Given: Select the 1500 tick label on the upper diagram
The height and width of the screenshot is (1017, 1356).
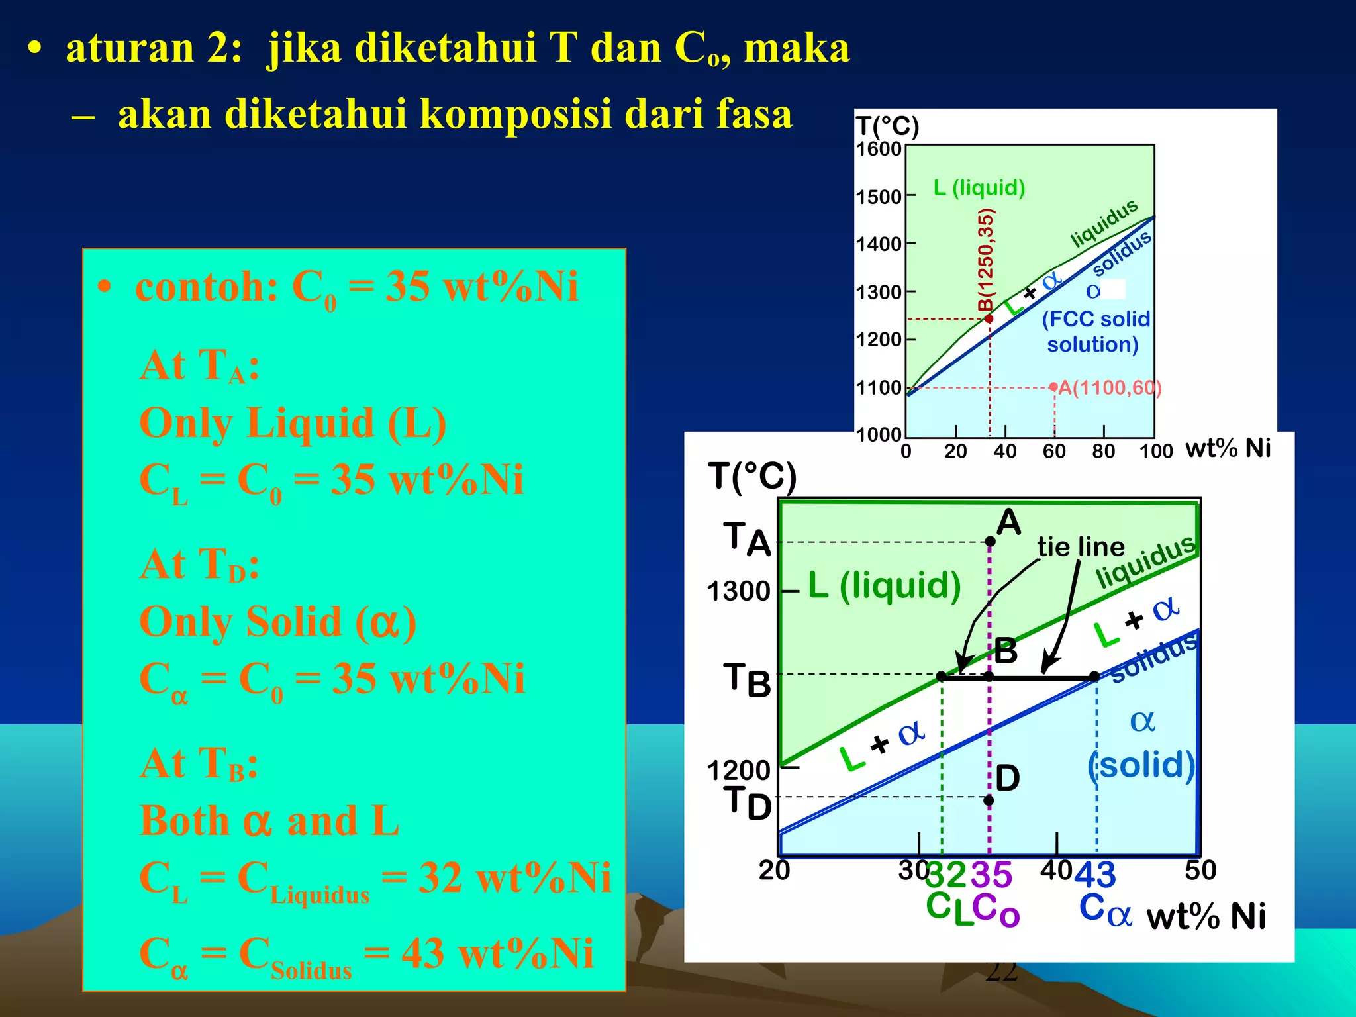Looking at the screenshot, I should [x=878, y=197].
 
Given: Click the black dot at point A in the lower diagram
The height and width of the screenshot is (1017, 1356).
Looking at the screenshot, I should [x=990, y=542].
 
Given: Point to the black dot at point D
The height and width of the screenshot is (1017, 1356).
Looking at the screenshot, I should [x=989, y=800].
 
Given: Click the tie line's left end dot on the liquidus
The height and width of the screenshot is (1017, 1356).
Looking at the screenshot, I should [x=941, y=677].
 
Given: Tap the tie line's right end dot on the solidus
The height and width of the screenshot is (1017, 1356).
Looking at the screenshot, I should [x=1094, y=677].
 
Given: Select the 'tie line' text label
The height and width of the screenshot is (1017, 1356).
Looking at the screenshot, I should [x=1081, y=547].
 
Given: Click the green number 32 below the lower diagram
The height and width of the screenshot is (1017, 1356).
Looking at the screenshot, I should [x=945, y=875].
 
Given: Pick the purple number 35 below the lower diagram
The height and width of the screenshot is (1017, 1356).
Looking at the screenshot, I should [x=991, y=875].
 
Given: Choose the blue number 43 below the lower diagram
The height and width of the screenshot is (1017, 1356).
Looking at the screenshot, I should [x=1094, y=875].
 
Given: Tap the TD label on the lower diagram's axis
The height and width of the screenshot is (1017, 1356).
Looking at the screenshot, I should [x=747, y=802].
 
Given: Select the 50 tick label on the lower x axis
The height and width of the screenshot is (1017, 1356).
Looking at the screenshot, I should [x=1200, y=870].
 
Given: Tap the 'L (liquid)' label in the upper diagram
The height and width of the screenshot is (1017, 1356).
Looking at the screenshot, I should [x=979, y=188].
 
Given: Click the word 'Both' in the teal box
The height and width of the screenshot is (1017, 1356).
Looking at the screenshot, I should [x=185, y=820].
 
